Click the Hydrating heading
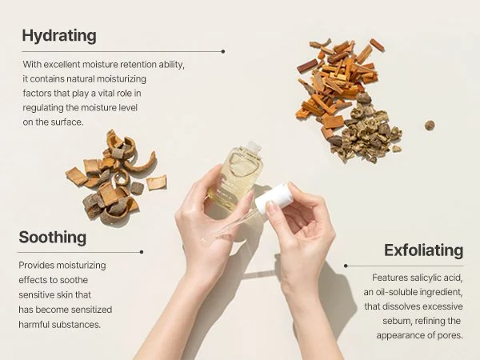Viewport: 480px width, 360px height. tap(59, 36)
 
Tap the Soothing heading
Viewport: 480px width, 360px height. tap(53, 238)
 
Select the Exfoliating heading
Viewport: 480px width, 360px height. tap(423, 250)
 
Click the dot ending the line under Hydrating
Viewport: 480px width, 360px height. tap(223, 51)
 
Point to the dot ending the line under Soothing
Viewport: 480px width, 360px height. tap(142, 252)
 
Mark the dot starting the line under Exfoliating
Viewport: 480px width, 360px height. tap(346, 266)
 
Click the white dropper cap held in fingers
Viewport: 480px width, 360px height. tap(274, 198)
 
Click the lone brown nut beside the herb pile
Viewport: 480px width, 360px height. tap(430, 126)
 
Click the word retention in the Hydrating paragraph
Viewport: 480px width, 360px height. tap(138, 65)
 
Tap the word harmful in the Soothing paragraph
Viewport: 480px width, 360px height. tap(34, 325)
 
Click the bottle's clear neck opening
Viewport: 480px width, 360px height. tap(253, 146)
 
